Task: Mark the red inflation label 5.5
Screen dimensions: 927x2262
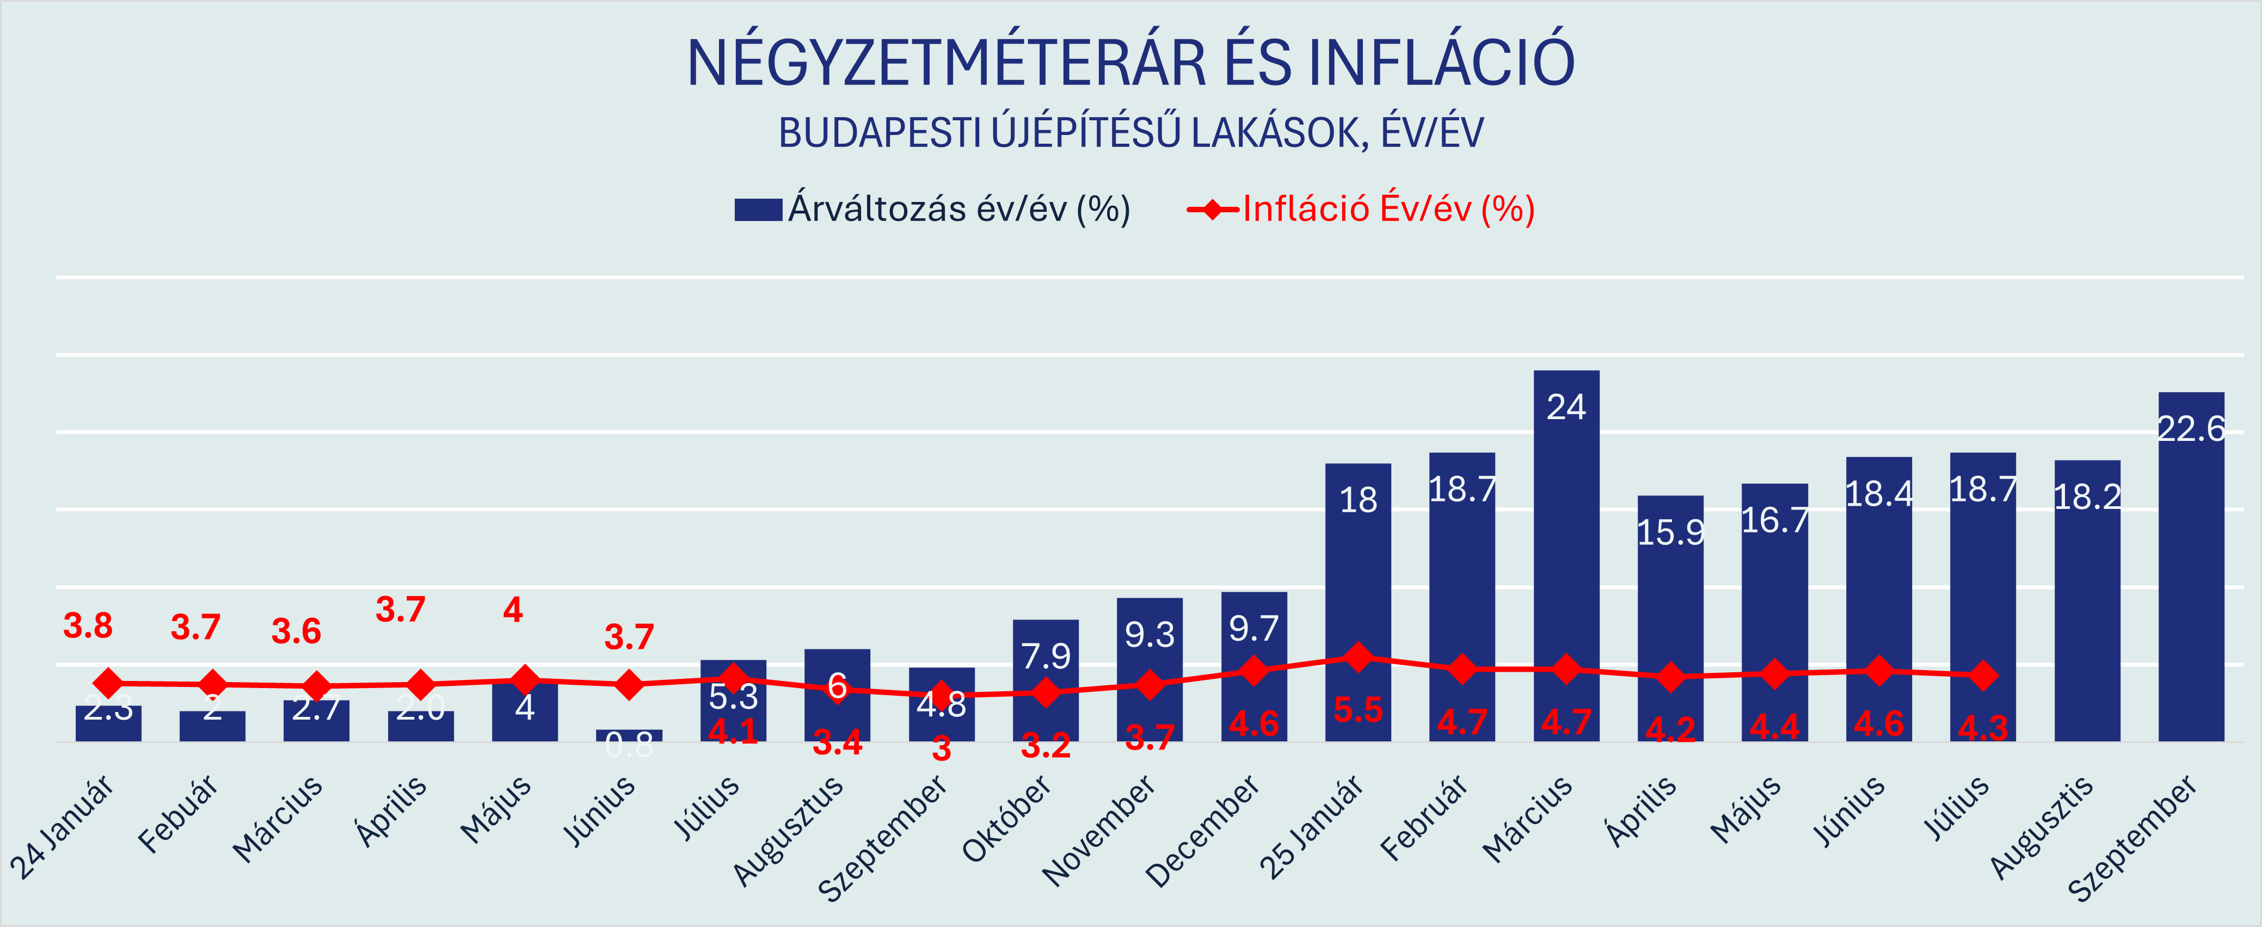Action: pos(1357,709)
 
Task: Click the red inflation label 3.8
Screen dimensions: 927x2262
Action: pos(88,626)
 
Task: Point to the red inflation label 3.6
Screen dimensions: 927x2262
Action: pos(296,631)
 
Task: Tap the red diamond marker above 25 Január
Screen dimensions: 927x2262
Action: pos(1357,656)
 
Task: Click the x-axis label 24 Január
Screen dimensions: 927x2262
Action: pos(63,827)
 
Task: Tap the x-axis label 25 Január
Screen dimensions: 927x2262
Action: pos(1312,827)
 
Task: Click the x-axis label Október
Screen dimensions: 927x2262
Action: pos(1008,818)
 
